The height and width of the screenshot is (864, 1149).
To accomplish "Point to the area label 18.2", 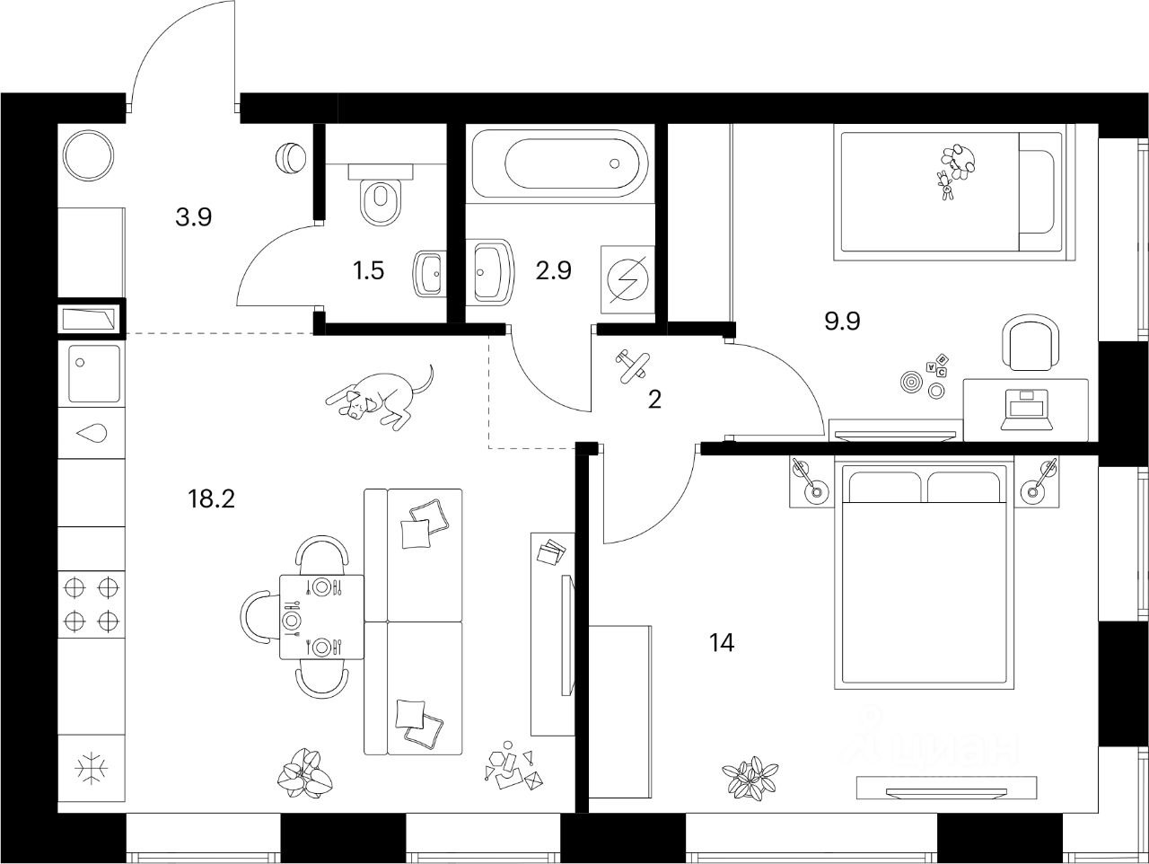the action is click(212, 499).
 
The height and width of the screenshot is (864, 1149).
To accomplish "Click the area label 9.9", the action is click(842, 321).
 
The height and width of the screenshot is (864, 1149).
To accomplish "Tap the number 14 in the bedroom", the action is click(721, 643).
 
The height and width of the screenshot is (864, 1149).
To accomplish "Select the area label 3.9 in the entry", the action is click(193, 216).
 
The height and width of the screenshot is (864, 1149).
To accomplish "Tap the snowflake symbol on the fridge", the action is click(92, 769).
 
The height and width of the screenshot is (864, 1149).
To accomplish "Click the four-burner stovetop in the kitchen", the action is click(92, 604).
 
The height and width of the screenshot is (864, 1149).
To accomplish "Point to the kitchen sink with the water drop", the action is click(92, 433).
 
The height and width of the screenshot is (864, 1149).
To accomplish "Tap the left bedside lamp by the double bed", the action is click(811, 482).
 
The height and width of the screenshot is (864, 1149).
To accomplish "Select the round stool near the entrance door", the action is click(290, 158).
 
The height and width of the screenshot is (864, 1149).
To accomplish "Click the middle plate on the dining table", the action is click(291, 619).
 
